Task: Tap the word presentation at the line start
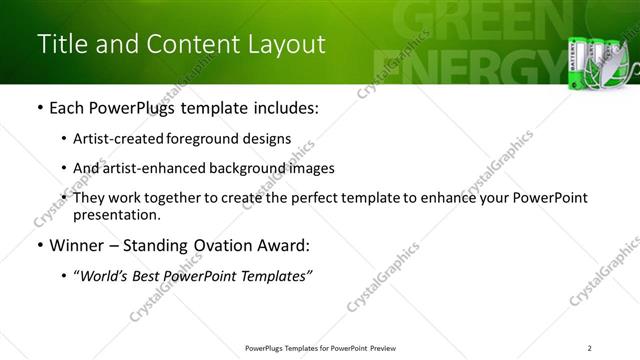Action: click(x=116, y=215)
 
